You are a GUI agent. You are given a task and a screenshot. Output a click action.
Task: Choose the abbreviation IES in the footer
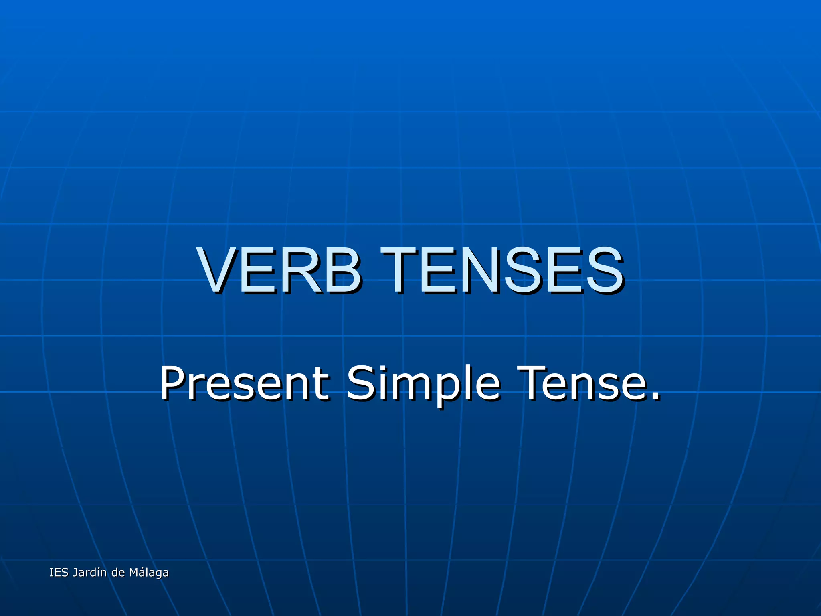pos(58,573)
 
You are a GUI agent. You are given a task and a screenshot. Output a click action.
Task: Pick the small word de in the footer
pos(118,573)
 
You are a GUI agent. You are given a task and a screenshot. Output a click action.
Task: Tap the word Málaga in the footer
pos(149,573)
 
